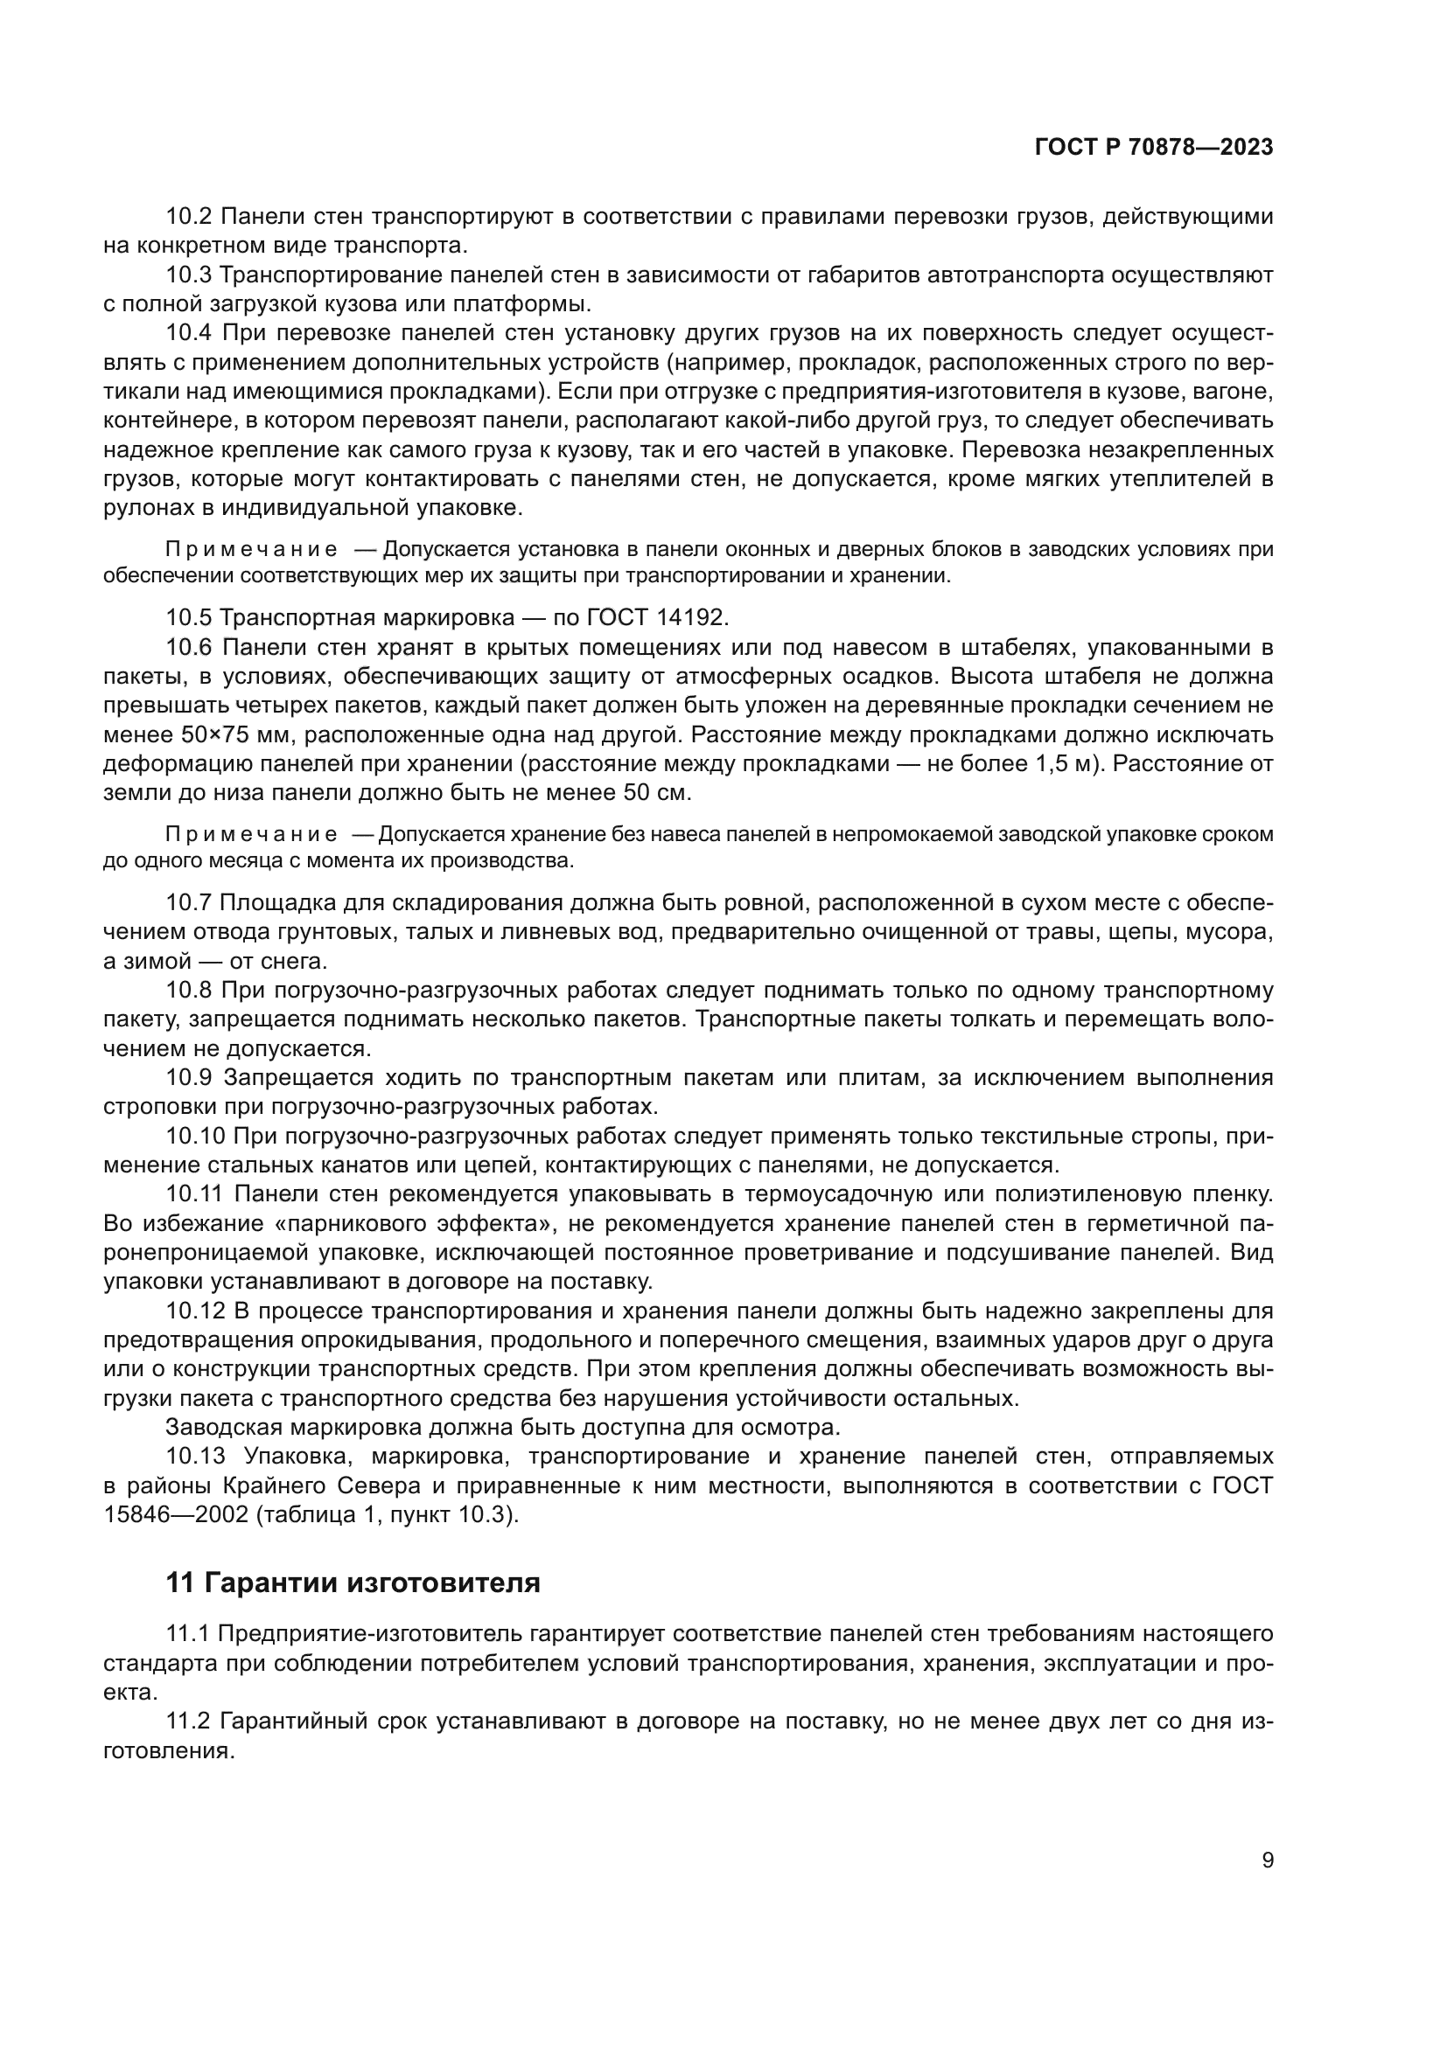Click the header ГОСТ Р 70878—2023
click(1154, 148)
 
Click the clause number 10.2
click(189, 217)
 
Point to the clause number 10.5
click(189, 617)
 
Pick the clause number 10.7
click(189, 903)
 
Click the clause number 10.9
click(189, 1078)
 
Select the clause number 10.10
click(196, 1137)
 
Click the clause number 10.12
click(196, 1311)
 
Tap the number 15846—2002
click(176, 1515)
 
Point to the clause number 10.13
click(196, 1457)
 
